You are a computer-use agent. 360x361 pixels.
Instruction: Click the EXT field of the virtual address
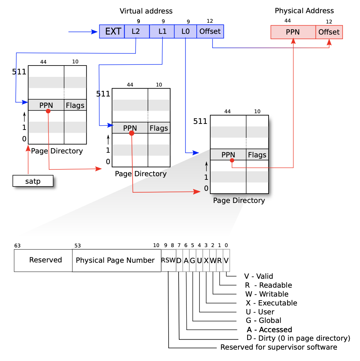112,31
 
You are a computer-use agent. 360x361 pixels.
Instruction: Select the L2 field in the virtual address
137,31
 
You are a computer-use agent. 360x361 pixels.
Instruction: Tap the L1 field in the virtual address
162,31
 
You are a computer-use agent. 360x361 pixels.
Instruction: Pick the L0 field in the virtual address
185,31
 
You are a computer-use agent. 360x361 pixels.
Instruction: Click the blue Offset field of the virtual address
210,31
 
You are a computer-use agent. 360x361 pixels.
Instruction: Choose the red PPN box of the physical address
293,32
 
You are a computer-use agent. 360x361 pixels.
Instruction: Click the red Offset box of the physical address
329,32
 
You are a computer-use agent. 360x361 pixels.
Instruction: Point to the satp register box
33,181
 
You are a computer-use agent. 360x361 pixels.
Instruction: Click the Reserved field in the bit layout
43,260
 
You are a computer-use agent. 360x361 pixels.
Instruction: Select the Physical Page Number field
117,260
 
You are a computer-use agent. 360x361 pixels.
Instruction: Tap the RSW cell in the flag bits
168,260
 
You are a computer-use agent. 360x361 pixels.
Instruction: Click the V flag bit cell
226,260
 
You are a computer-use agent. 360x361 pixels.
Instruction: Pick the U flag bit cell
200,260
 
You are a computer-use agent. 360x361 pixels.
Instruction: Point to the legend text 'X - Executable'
271,303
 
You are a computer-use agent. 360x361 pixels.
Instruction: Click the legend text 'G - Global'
264,320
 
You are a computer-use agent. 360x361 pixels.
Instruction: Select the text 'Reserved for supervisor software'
279,347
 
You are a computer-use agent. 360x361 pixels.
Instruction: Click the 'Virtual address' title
146,11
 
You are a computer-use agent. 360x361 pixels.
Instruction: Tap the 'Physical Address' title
305,11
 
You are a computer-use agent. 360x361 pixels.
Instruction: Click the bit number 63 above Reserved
17,246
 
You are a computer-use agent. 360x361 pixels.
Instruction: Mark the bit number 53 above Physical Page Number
78,246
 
